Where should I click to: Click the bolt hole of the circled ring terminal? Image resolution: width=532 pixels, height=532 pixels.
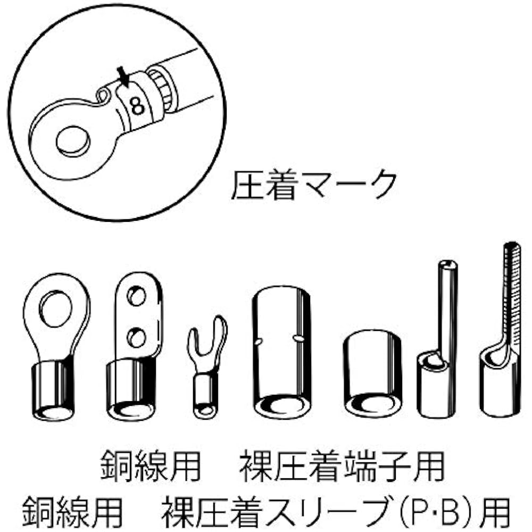(x=73, y=141)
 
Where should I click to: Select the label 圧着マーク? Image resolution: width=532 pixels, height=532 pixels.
(x=314, y=185)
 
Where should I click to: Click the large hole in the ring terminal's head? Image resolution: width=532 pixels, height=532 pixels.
(x=56, y=309)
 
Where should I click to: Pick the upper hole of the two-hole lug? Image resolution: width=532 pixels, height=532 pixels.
(x=136, y=296)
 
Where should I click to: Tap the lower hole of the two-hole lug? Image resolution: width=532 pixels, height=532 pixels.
(x=136, y=337)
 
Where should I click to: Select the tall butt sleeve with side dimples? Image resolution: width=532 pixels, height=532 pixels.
(x=281, y=352)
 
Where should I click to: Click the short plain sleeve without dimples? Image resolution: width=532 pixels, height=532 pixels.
(x=372, y=373)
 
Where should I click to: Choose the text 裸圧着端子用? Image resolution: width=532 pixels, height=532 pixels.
(x=342, y=466)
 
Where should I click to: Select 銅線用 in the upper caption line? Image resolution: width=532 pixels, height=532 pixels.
(x=151, y=466)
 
